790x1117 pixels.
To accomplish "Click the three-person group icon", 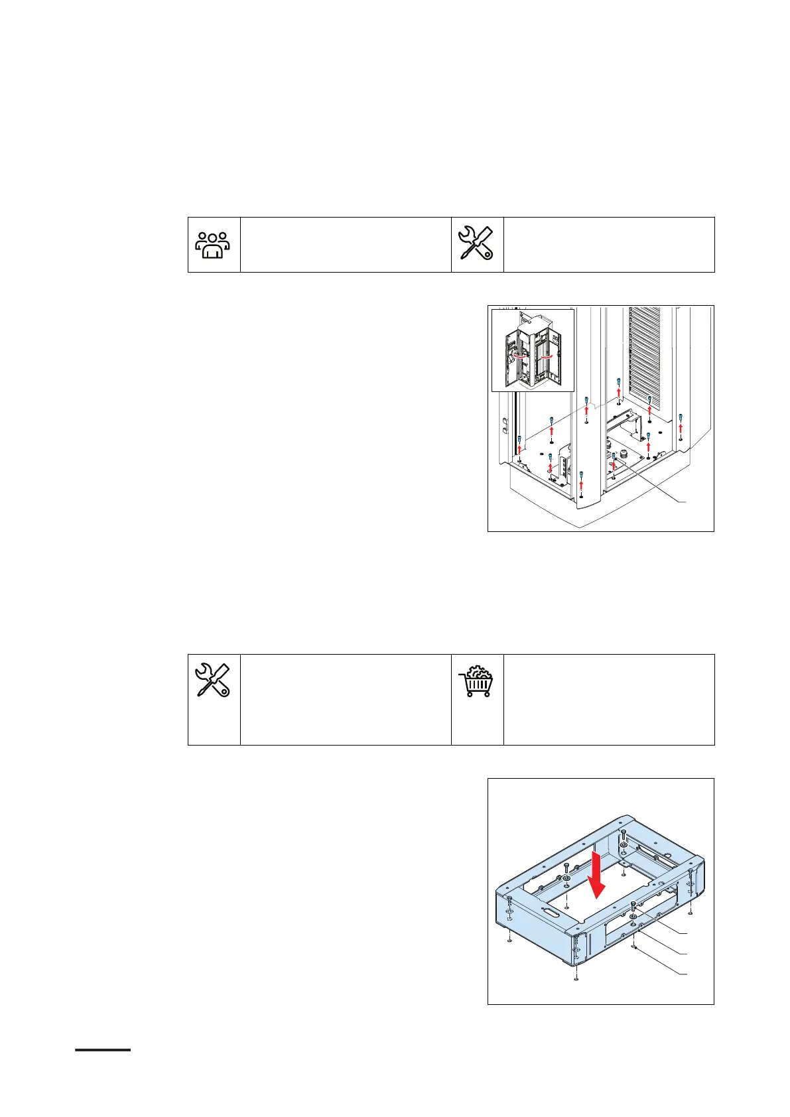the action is coord(213,244).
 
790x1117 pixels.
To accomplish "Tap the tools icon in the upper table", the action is coord(477,243).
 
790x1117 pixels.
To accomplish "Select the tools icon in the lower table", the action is coord(213,680).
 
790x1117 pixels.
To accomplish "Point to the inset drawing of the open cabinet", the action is coord(533,351).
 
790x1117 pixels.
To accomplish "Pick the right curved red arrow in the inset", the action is coord(547,356).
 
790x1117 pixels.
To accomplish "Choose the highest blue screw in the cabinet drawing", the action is coord(618,381).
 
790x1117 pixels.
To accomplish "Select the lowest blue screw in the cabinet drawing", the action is coord(581,474).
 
